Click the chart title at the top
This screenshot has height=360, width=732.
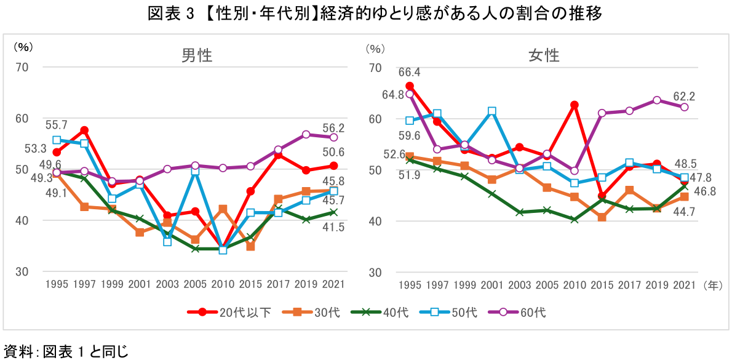[365, 14]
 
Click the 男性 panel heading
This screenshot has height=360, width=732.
[197, 55]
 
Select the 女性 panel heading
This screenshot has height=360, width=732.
[544, 55]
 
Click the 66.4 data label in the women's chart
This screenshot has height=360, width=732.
[409, 73]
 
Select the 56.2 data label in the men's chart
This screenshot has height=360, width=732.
[333, 128]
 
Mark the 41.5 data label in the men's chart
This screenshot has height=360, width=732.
[333, 227]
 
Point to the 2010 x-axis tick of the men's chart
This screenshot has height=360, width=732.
[223, 284]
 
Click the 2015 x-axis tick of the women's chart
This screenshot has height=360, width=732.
[602, 285]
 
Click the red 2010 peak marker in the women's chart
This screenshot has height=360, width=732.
[574, 105]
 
